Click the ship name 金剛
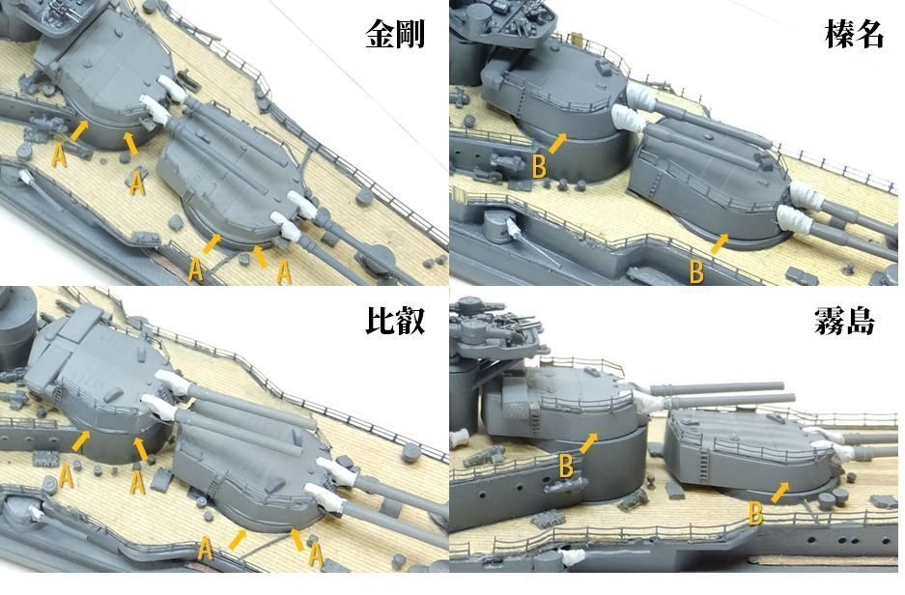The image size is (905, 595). click(395, 35)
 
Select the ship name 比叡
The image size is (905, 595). click(395, 321)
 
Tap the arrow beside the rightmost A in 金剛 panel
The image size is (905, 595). click(261, 254)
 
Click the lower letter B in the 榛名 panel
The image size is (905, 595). click(695, 272)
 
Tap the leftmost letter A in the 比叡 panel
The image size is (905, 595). click(65, 474)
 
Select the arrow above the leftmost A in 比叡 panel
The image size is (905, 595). click(84, 440)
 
